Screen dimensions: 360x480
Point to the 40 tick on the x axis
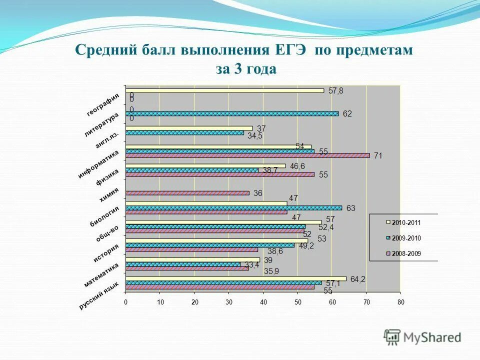click(263, 302)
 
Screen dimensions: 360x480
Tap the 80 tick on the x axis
click(400, 302)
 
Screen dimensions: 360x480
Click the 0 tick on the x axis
click(126, 302)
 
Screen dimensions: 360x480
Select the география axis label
click(103, 105)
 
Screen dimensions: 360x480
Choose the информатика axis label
click(98, 163)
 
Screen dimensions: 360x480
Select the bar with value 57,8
click(224, 90)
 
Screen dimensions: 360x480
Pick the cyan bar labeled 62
click(232, 114)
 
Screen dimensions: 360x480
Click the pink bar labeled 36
click(187, 193)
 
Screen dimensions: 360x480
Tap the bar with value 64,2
click(236, 278)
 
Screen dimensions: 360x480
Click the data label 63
click(350, 208)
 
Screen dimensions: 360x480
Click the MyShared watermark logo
click(422, 337)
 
